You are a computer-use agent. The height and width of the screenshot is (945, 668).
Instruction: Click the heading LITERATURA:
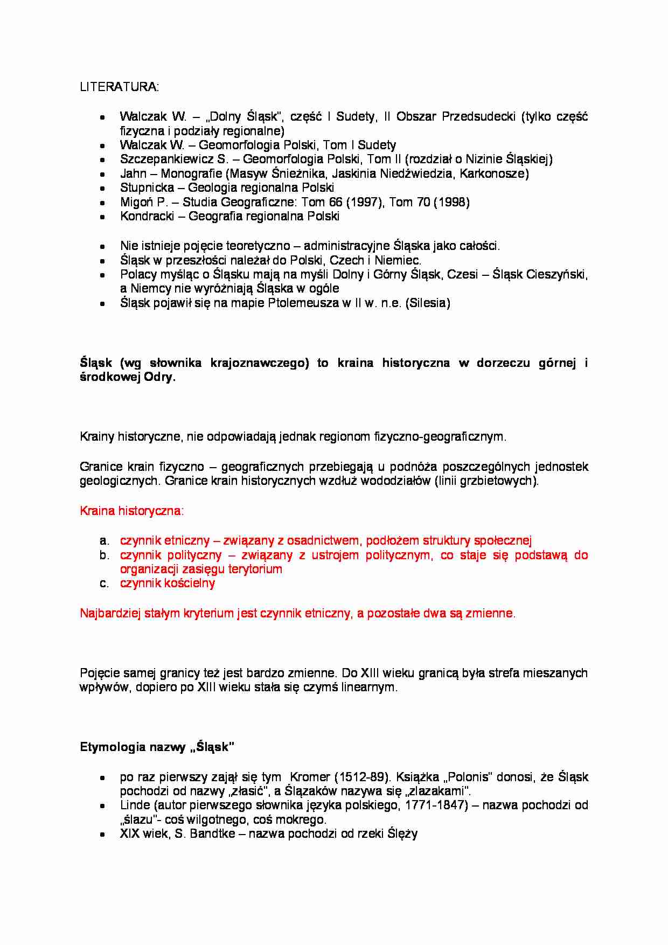click(x=119, y=87)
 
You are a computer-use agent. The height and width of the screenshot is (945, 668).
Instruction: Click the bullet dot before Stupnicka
click(x=102, y=189)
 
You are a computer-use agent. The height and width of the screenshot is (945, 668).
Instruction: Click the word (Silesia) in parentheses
click(x=429, y=303)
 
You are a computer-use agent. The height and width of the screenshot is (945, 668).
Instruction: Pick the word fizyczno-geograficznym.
click(x=440, y=437)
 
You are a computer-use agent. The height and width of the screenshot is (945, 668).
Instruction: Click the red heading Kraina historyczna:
click(x=131, y=511)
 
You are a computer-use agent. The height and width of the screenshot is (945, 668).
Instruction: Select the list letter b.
click(x=104, y=555)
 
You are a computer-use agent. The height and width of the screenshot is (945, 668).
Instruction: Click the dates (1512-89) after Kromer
click(x=363, y=777)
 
